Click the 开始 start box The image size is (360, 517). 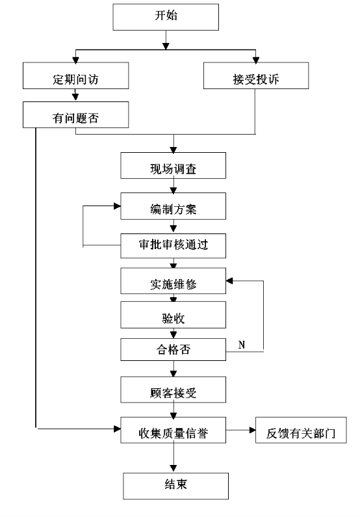click(166, 17)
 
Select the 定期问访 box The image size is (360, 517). click(75, 75)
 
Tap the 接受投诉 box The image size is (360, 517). click(256, 75)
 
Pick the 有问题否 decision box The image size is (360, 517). click(75, 114)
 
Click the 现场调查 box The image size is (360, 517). click(174, 166)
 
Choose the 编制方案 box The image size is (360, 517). click(174, 206)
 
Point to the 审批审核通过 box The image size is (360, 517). click(174, 246)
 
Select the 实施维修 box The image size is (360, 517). click(174, 281)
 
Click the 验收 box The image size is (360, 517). click(174, 315)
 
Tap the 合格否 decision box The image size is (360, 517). click(174, 349)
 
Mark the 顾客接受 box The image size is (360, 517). click(174, 390)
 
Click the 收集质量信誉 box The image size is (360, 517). click(174, 430)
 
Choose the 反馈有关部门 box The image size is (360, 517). click(301, 430)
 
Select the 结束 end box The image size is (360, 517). click(176, 486)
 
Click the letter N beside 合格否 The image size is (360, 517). click(242, 345)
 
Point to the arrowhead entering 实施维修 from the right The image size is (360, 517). click(229, 281)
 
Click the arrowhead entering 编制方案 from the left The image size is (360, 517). click(117, 206)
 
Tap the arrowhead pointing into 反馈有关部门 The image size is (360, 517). click(253, 430)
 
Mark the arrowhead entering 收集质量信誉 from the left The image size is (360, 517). click(117, 429)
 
